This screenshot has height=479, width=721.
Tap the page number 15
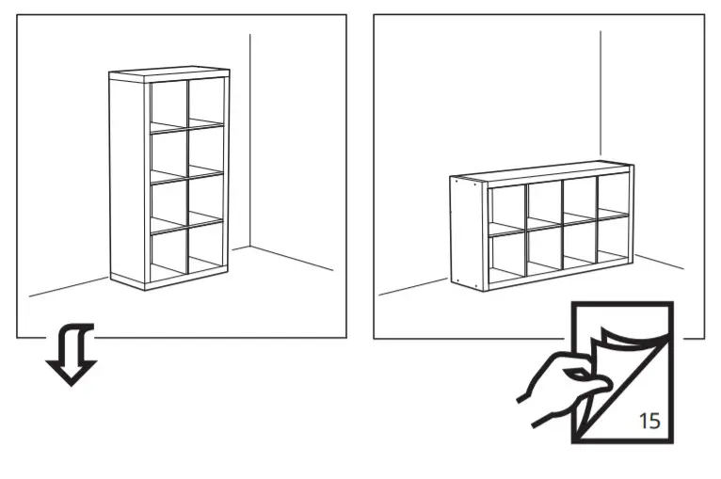(x=649, y=420)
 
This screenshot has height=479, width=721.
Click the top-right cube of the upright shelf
(x=206, y=99)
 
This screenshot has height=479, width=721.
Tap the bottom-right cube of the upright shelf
(x=206, y=247)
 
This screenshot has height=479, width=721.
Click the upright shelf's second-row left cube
(x=168, y=153)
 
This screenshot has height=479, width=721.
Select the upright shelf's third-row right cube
(x=206, y=197)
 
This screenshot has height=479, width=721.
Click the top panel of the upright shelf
(x=169, y=72)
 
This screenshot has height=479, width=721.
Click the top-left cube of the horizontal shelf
(x=506, y=206)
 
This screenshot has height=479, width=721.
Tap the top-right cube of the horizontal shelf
(x=613, y=196)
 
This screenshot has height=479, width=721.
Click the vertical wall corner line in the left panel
(x=249, y=141)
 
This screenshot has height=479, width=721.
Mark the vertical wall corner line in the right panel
(x=601, y=94)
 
